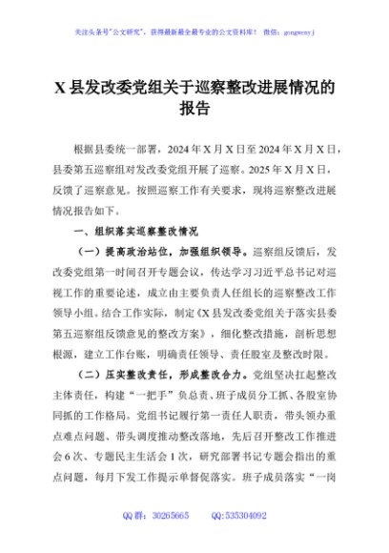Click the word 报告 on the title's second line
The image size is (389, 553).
[194, 109]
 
